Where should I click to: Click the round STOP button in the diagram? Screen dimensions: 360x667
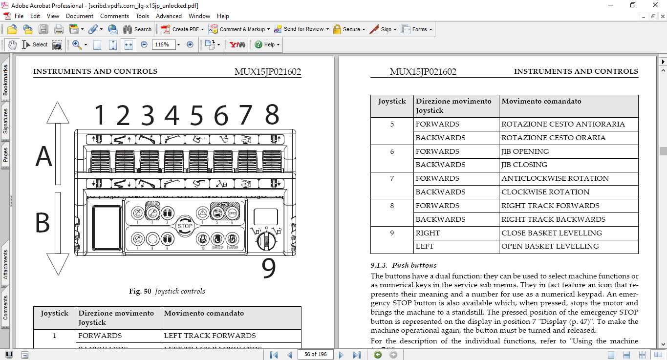185,226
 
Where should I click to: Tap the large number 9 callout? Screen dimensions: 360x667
269,268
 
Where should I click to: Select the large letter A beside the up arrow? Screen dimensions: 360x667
43,157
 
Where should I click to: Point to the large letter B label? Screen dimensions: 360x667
43,223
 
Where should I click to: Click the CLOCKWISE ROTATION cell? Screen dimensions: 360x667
545,192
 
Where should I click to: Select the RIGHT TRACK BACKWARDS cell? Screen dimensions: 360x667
553,219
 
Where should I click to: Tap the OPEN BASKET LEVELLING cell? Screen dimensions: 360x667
550,246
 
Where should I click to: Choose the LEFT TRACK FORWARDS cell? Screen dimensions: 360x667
210,336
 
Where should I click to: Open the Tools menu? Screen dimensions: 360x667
142,16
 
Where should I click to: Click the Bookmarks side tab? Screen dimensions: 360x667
5,80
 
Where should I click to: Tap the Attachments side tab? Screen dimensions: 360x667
5,264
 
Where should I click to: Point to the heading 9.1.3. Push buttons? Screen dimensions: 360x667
403,265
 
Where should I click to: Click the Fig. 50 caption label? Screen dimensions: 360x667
167,291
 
